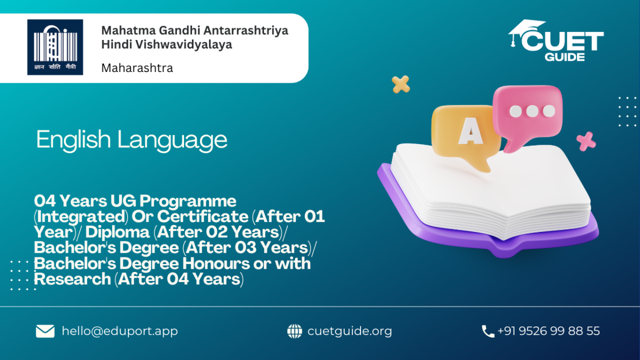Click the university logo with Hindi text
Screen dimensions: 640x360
coord(55,47)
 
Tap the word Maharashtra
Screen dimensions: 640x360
coord(137,68)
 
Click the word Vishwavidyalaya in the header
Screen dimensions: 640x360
coord(183,45)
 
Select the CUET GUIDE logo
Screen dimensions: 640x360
coord(556,41)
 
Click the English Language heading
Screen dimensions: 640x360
coord(132,140)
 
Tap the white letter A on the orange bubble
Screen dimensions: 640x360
coord(470,131)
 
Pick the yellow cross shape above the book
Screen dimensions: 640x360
coord(401,84)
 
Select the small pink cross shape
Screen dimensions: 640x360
coord(586,141)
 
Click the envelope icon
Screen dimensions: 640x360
coord(45,331)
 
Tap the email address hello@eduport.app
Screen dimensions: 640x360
coord(120,331)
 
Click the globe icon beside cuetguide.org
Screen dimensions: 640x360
coord(294,331)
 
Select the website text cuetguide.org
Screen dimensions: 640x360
coord(350,331)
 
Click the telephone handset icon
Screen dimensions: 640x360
coord(488,331)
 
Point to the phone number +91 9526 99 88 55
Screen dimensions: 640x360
coord(549,331)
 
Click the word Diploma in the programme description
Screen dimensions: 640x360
coord(117,233)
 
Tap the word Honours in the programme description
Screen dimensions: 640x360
coord(216,263)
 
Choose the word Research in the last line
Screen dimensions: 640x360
coord(73,279)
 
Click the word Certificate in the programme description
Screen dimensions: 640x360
coord(203,217)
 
